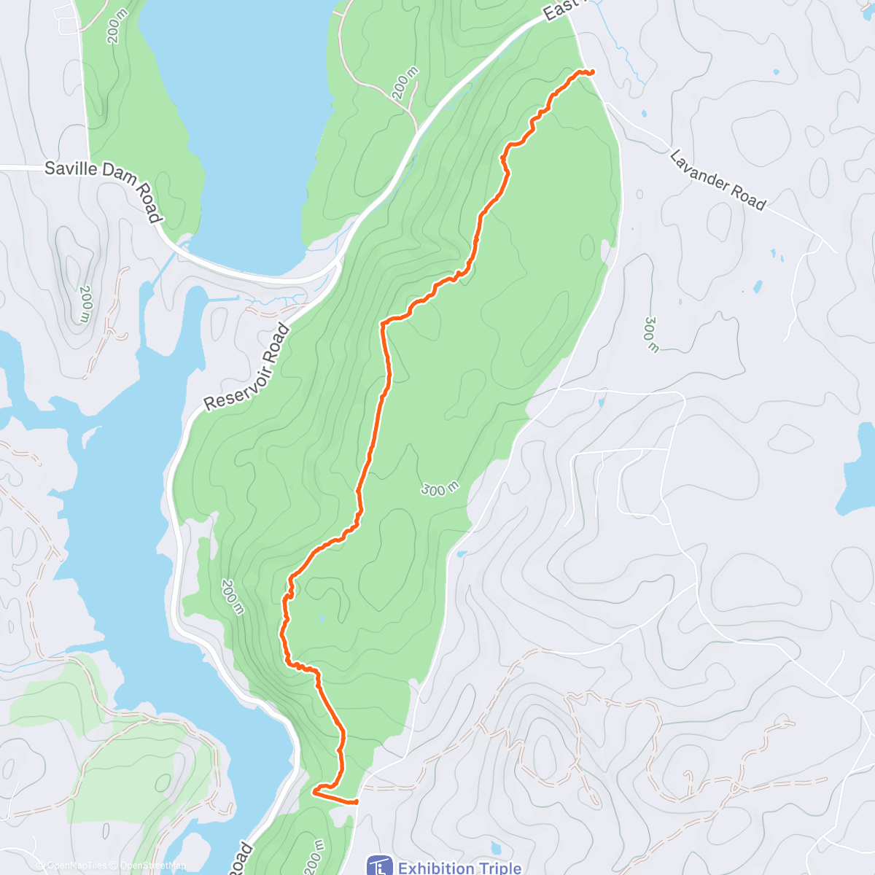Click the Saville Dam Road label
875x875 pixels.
coord(102,190)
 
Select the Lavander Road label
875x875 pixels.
coord(717,179)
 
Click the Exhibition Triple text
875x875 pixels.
coord(459,868)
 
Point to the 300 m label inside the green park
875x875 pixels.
coord(440,489)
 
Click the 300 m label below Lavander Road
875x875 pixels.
coord(650,334)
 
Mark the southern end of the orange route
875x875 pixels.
coord(357,802)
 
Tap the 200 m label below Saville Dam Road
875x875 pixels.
coord(85,303)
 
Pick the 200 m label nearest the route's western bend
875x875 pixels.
coord(232,596)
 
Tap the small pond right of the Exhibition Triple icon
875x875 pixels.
coord(496,848)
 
